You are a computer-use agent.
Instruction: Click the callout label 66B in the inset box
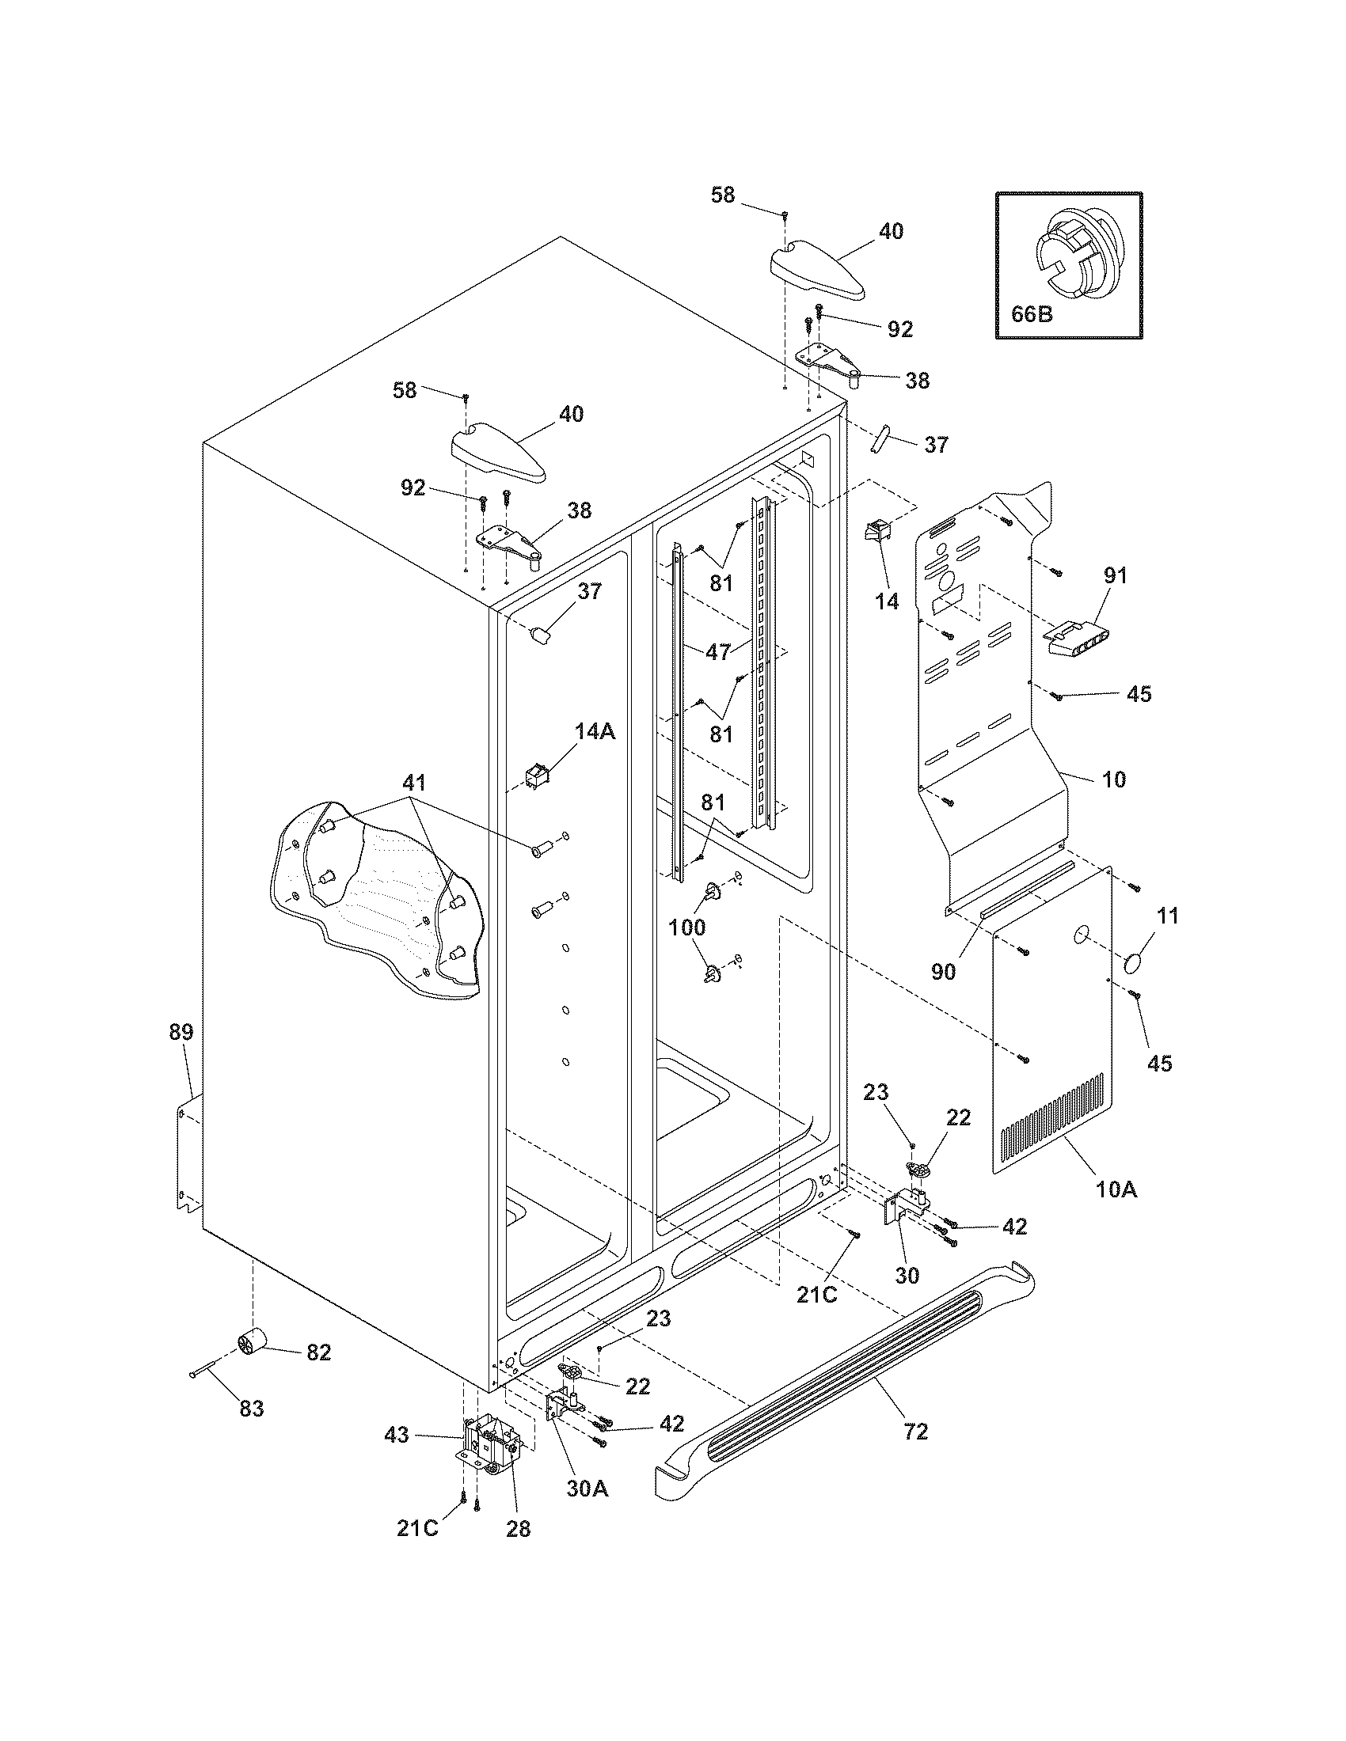coord(1032,313)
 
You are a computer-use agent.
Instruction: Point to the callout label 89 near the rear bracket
coord(181,1032)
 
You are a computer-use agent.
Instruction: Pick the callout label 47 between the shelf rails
coord(718,651)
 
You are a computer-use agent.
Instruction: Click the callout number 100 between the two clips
coord(686,927)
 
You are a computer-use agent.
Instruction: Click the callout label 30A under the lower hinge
coord(587,1488)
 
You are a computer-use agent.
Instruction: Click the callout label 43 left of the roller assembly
coord(397,1435)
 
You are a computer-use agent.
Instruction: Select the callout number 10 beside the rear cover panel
coord(1114,779)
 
